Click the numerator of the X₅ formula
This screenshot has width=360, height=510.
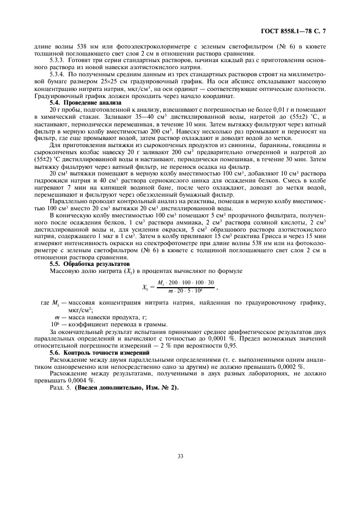[x=185, y=282]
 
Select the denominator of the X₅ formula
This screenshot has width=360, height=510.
[x=185, y=292]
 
